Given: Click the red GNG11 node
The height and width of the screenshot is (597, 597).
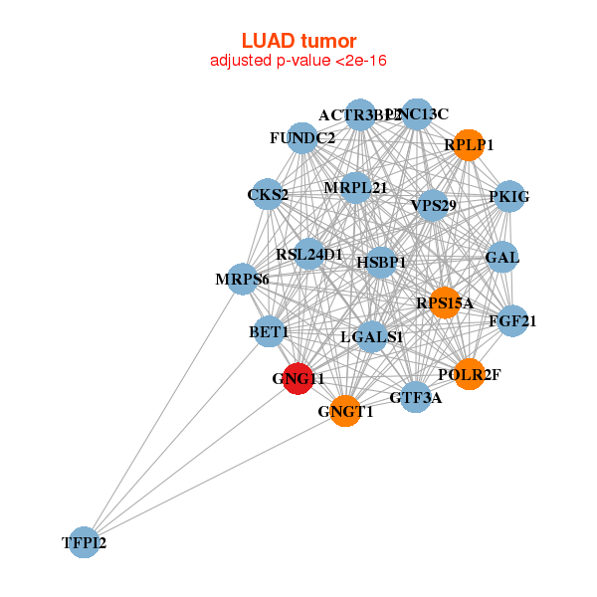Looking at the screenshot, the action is click(299, 379).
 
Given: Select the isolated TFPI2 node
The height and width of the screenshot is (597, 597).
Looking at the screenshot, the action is click(84, 542).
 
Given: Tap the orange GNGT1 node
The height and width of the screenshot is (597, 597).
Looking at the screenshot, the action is click(345, 411).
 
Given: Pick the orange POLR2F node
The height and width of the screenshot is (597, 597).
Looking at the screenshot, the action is click(469, 374).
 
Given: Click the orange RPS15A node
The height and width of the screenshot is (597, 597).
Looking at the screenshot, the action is click(445, 302).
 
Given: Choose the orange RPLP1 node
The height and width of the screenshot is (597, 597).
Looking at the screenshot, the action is click(469, 145).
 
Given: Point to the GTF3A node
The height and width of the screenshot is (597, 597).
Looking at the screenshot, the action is click(416, 397).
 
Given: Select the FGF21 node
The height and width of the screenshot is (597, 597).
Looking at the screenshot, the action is click(512, 320).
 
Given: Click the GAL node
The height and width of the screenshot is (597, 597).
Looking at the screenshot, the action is click(502, 258).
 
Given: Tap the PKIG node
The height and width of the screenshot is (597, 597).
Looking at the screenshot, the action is click(509, 197).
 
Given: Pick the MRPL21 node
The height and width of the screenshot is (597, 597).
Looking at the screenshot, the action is click(355, 187).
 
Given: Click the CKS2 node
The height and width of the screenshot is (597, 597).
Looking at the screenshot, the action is click(268, 194).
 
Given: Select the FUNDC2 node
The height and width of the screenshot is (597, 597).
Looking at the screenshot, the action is click(302, 137).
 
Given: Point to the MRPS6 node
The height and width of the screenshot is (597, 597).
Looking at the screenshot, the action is click(242, 280).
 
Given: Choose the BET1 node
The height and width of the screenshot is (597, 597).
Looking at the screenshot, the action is click(269, 330).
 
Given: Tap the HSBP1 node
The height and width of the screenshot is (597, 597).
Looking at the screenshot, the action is click(382, 263).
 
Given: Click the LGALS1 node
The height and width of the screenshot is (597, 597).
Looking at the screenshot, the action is click(371, 337).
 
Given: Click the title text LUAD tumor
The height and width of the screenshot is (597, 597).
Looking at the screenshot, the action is click(298, 41).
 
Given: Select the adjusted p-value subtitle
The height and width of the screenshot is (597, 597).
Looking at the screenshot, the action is click(298, 61).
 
